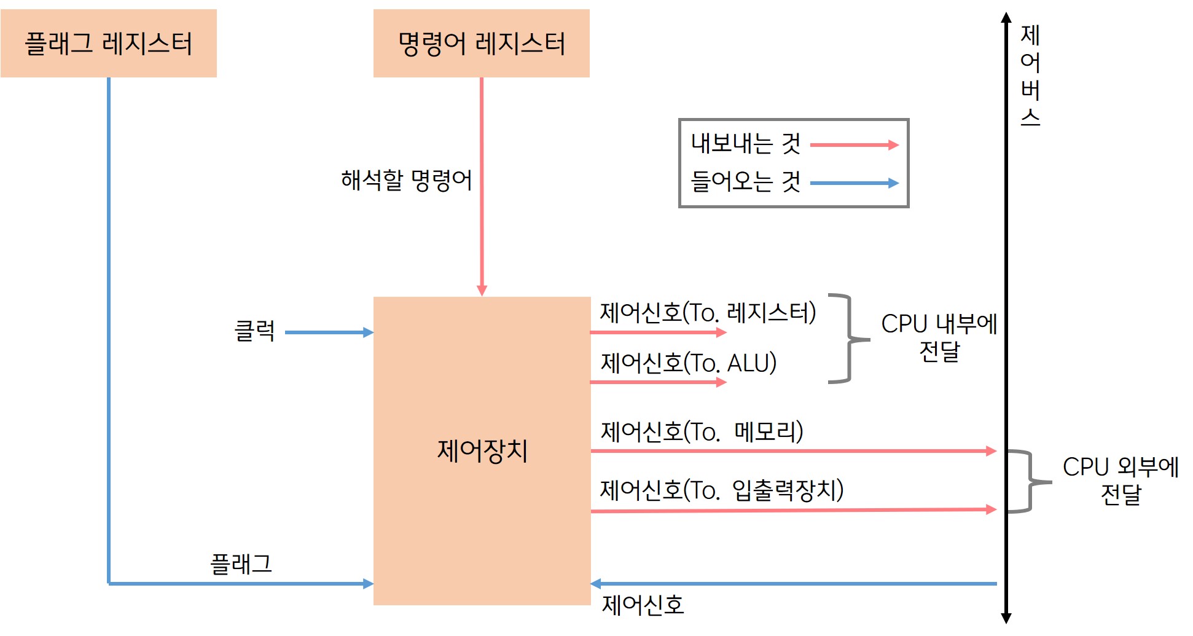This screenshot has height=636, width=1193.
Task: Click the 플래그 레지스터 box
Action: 109,43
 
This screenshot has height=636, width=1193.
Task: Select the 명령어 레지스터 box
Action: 481,43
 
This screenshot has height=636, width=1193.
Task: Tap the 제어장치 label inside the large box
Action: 482,450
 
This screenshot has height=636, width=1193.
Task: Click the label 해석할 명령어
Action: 406,180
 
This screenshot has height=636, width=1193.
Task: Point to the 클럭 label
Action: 254,331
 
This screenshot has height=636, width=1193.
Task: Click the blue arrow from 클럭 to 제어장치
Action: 329,332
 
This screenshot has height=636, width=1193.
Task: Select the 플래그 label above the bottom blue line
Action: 241,563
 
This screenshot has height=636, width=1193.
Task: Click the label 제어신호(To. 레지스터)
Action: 708,312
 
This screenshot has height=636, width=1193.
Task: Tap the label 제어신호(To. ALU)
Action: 688,363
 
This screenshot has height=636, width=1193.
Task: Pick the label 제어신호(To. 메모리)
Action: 702,431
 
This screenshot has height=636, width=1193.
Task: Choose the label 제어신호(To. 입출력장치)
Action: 721,490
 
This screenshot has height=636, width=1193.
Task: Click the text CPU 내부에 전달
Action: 939,337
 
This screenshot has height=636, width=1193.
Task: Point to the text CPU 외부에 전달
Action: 1121,480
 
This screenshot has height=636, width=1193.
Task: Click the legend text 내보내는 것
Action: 746,143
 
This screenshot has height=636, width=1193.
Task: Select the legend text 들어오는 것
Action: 746,181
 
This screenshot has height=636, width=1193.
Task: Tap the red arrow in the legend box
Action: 854,145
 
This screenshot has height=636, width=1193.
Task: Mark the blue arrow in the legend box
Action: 854,183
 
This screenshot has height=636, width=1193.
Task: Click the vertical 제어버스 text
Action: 1030,75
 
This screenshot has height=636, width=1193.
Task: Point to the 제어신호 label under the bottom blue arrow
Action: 643,605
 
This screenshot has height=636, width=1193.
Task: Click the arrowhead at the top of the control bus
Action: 1006,17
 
